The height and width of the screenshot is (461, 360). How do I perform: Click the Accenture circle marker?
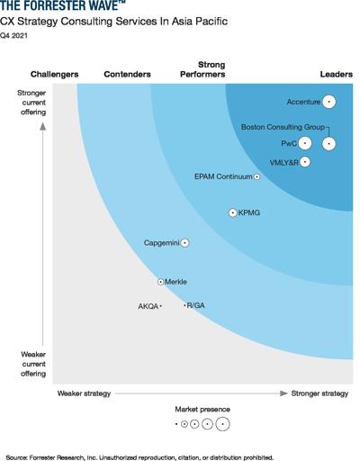(x=328, y=102)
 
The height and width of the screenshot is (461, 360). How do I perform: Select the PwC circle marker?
(x=305, y=143)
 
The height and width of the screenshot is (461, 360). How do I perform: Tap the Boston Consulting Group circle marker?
(x=328, y=144)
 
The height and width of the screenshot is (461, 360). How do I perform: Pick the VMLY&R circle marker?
(x=305, y=162)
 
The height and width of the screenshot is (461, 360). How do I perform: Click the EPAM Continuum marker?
(x=256, y=176)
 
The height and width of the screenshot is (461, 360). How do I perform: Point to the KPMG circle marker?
(x=233, y=212)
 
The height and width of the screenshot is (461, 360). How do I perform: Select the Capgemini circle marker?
(x=184, y=242)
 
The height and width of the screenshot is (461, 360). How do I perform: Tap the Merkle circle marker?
(x=160, y=282)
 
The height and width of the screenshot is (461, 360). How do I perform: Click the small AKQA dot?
(x=161, y=306)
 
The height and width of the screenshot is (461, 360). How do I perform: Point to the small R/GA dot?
(x=184, y=305)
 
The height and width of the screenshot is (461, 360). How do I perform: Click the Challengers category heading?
(x=55, y=74)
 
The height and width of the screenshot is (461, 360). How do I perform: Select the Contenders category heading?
(x=127, y=74)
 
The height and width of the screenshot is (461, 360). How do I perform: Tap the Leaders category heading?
(x=337, y=74)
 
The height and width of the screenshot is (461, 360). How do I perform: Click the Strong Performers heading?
(x=202, y=69)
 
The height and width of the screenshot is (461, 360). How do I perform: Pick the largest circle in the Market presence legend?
(x=222, y=424)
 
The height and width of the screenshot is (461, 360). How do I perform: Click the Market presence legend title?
(x=202, y=409)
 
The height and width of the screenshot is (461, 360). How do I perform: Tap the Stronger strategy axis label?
(x=319, y=393)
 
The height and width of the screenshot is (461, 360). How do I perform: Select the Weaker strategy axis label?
(x=84, y=393)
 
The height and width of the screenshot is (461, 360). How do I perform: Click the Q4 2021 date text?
(x=13, y=35)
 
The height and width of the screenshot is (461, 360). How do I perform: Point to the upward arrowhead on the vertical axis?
(x=43, y=126)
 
